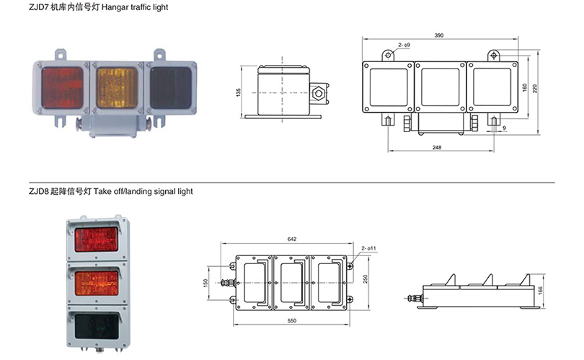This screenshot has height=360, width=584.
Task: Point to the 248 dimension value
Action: coord(438,147)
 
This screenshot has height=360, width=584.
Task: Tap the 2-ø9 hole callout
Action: coord(404,46)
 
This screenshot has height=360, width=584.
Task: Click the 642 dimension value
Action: coord(291,239)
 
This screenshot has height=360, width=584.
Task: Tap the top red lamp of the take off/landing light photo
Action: coord(96,240)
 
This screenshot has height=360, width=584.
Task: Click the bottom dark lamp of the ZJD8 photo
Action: coord(96,320)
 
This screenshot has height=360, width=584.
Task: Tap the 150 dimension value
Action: coord(205,281)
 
